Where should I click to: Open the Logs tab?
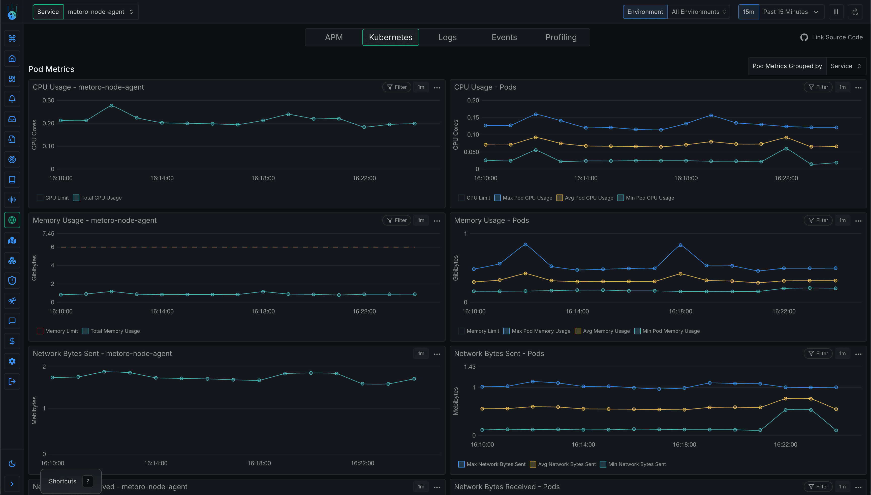pyautogui.click(x=447, y=37)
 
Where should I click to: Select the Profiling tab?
pyautogui.click(x=561, y=37)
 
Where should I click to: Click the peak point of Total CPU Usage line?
pyautogui.click(x=111, y=106)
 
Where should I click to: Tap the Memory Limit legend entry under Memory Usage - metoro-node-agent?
pyautogui.click(x=57, y=331)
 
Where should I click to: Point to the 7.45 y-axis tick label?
pyautogui.click(x=48, y=234)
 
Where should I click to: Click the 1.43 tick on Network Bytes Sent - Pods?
pyautogui.click(x=470, y=367)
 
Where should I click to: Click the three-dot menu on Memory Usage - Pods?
pyautogui.click(x=858, y=221)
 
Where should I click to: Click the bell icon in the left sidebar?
pyautogui.click(x=12, y=99)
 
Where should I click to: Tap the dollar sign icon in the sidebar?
pyautogui.click(x=12, y=341)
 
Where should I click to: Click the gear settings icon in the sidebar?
pyautogui.click(x=12, y=361)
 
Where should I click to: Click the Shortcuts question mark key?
pyautogui.click(x=88, y=481)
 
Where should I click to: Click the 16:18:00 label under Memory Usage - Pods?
pyautogui.click(x=680, y=311)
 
